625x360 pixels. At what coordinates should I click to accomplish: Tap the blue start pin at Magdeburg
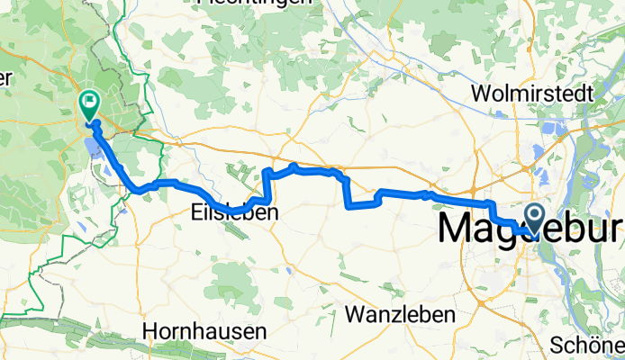click(x=534, y=217)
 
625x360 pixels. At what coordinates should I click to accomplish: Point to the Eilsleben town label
click(x=234, y=214)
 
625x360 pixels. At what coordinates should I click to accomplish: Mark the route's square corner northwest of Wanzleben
click(x=348, y=205)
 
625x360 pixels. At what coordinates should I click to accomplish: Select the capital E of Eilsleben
click(x=197, y=214)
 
